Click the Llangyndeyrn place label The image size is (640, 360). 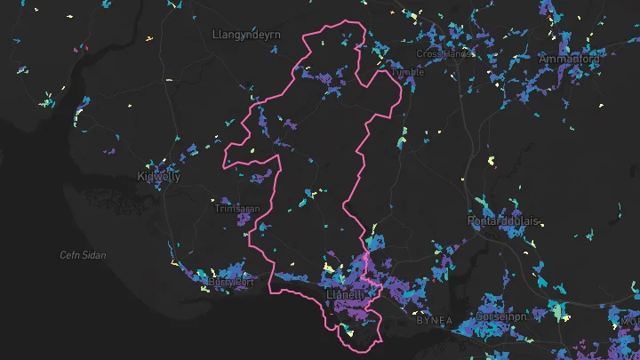click(247, 34)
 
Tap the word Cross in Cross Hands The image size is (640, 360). click(429, 54)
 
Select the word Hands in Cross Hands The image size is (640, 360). click(457, 54)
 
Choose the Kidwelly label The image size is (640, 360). click(159, 176)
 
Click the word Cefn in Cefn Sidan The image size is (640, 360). click(70, 255)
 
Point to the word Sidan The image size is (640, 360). click(94, 255)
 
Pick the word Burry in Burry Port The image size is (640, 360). click(220, 283)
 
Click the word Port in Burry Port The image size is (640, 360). click(244, 283)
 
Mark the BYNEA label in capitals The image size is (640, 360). click(435, 320)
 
